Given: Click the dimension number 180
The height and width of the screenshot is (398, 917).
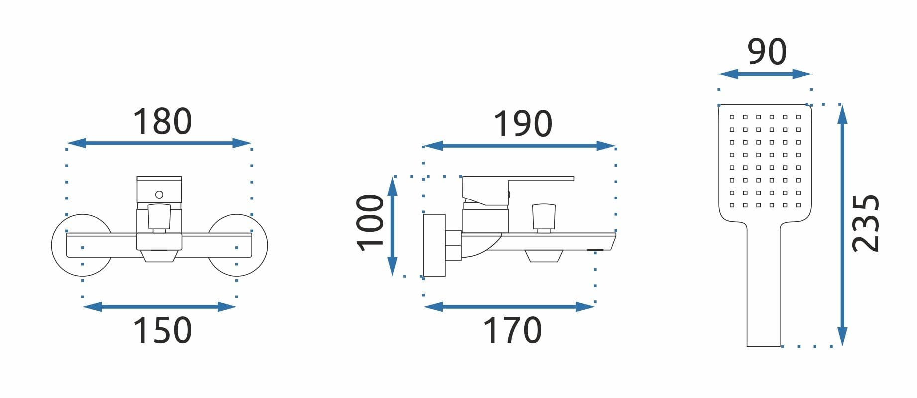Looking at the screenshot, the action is [162, 122].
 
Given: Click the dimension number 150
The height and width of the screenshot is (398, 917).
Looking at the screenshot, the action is [162, 330].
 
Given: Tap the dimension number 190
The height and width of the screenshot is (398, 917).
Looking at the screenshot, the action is [523, 124].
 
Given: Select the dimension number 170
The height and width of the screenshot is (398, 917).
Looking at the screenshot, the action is [512, 330].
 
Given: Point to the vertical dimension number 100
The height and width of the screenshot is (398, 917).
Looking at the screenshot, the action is [370, 222].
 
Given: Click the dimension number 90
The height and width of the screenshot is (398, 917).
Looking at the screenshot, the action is [767, 51].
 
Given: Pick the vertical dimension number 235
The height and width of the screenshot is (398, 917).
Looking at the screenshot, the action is [866, 223].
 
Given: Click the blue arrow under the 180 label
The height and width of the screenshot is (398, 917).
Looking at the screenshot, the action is [159, 143].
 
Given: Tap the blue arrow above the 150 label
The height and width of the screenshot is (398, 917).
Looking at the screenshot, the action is [159, 307].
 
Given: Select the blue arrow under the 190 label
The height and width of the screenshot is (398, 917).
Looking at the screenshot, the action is [519, 146].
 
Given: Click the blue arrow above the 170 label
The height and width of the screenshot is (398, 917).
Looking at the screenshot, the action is [509, 307].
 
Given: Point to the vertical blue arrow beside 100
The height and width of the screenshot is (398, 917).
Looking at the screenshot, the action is [392, 226].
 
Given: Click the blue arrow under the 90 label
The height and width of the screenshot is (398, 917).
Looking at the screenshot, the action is [765, 74].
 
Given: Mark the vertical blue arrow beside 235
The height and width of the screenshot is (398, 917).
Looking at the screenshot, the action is [842, 225].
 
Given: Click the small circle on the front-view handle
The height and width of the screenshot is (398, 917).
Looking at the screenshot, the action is [159, 195].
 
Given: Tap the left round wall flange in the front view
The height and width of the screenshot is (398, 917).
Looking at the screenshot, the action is [82, 245].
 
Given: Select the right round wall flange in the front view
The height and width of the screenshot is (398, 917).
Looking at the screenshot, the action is [237, 245].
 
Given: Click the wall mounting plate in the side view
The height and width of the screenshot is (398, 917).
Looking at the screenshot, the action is [434, 245].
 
